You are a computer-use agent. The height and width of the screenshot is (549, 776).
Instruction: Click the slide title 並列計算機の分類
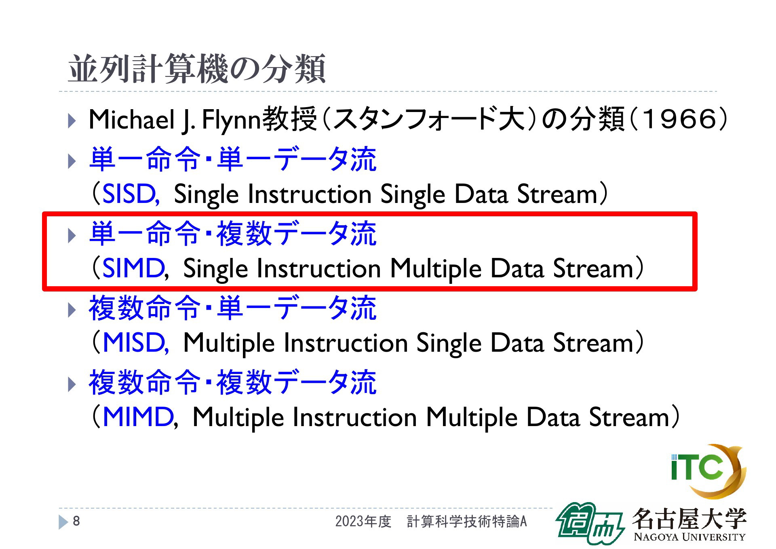(x=196, y=69)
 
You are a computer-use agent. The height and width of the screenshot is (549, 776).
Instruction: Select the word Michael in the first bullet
(x=131, y=119)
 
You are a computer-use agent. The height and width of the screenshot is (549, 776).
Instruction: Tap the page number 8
(x=76, y=521)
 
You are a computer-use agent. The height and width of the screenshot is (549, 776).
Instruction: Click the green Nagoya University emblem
(x=590, y=523)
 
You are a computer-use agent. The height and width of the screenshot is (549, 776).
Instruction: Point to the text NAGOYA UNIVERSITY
(x=690, y=537)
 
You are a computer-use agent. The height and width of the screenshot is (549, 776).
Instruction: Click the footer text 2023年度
(x=363, y=522)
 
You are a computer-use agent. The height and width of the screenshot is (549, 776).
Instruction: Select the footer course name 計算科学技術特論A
(x=467, y=522)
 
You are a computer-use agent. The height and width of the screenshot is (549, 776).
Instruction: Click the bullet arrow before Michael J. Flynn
(x=72, y=121)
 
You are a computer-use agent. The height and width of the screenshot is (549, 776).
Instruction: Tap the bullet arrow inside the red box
(x=72, y=235)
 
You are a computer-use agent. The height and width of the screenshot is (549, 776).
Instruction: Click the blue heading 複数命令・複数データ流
(x=233, y=382)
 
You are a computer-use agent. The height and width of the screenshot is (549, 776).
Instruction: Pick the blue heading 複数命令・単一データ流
(x=233, y=308)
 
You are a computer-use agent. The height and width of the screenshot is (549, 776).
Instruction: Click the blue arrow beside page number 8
(x=63, y=522)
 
